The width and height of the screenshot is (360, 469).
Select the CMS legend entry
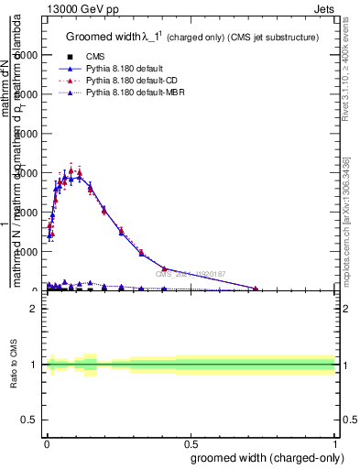(x=97, y=57)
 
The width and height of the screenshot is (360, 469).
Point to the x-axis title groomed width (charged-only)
(x=262, y=457)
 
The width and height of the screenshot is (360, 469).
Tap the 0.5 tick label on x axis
(x=191, y=441)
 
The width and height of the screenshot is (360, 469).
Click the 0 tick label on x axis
(x=46, y=441)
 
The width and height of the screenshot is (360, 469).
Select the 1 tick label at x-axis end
(x=335, y=441)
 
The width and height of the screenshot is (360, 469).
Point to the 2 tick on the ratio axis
(x=35, y=309)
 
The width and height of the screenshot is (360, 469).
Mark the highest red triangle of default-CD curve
(x=71, y=170)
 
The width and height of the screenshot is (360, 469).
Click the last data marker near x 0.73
(x=256, y=289)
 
